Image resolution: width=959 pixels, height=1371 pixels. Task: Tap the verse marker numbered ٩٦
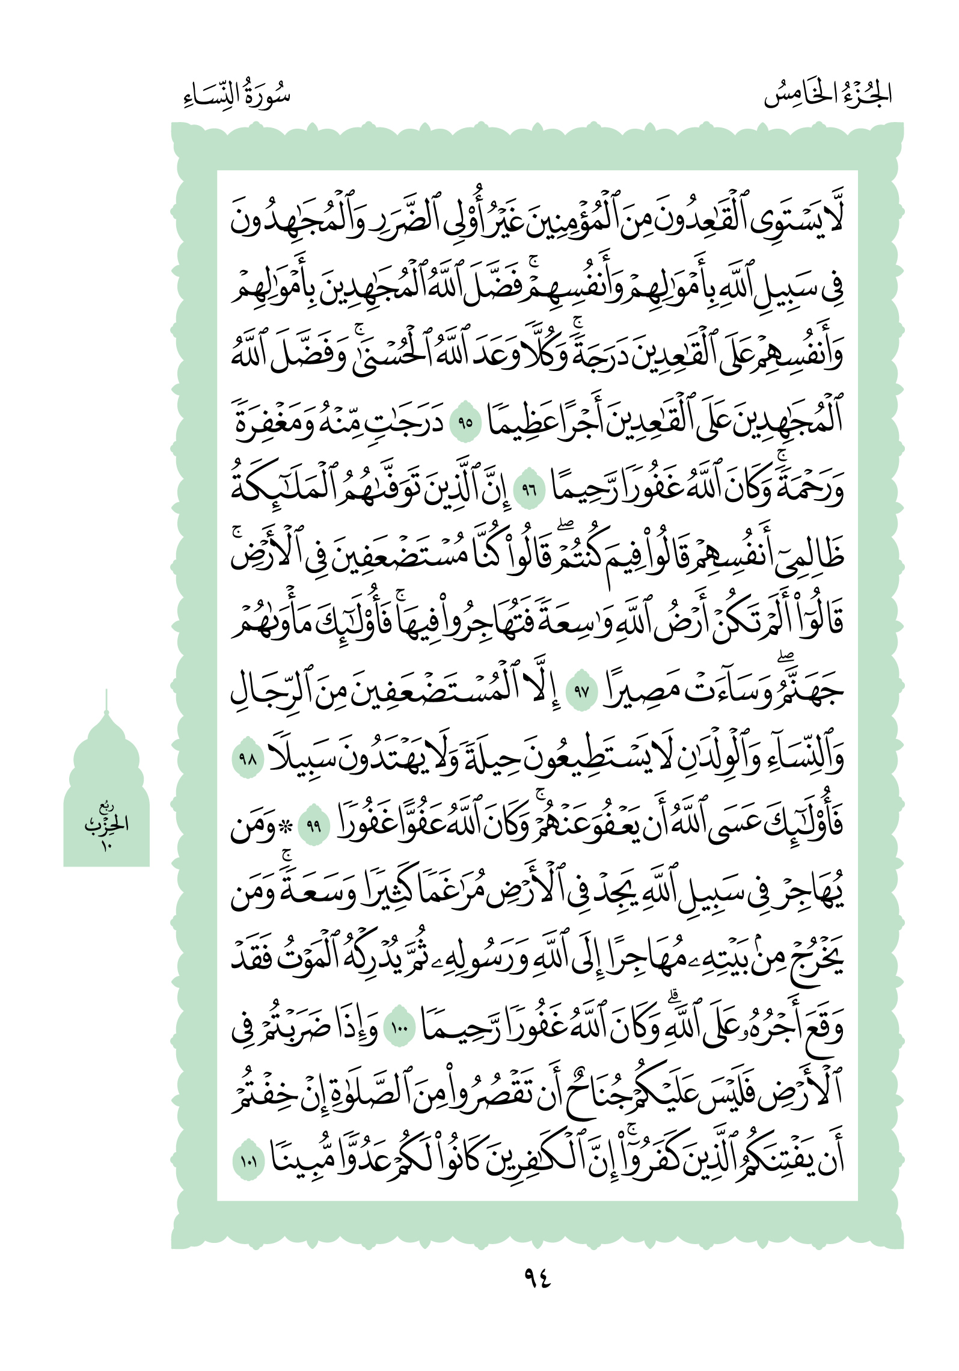point(529,489)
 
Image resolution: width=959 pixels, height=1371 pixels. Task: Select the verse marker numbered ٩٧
point(581,691)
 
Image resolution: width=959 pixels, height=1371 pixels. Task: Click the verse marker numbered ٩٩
point(313,826)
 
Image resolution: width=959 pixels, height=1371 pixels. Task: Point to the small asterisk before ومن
point(287,826)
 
